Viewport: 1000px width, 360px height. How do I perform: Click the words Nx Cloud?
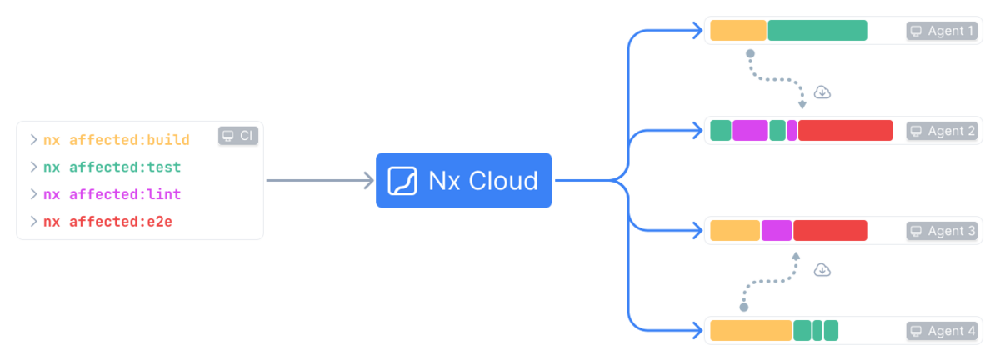pos(483,180)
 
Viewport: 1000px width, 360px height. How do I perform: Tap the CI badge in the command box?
pos(238,135)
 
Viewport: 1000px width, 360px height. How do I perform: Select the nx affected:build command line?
pos(117,139)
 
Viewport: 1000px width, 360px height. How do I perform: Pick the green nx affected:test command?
pos(112,167)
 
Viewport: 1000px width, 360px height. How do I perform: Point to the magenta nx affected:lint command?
pos(112,194)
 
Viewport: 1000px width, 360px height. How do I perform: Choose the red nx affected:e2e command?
pos(108,222)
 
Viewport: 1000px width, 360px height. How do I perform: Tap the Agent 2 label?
pos(941,131)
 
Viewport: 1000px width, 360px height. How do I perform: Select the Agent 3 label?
pos(941,231)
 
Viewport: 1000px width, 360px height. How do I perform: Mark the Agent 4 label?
pos(941,331)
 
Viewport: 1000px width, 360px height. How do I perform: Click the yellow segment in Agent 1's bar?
pos(738,31)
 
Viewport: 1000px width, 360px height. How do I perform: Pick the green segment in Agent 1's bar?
pos(817,31)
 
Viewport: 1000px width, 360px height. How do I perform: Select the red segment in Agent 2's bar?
pos(845,131)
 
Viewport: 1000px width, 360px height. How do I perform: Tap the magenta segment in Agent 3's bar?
pos(777,231)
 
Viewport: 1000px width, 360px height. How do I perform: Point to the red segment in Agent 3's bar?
pos(830,231)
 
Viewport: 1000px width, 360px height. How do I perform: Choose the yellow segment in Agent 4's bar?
pos(751,331)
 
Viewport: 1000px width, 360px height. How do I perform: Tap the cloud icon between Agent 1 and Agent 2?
pos(822,92)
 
